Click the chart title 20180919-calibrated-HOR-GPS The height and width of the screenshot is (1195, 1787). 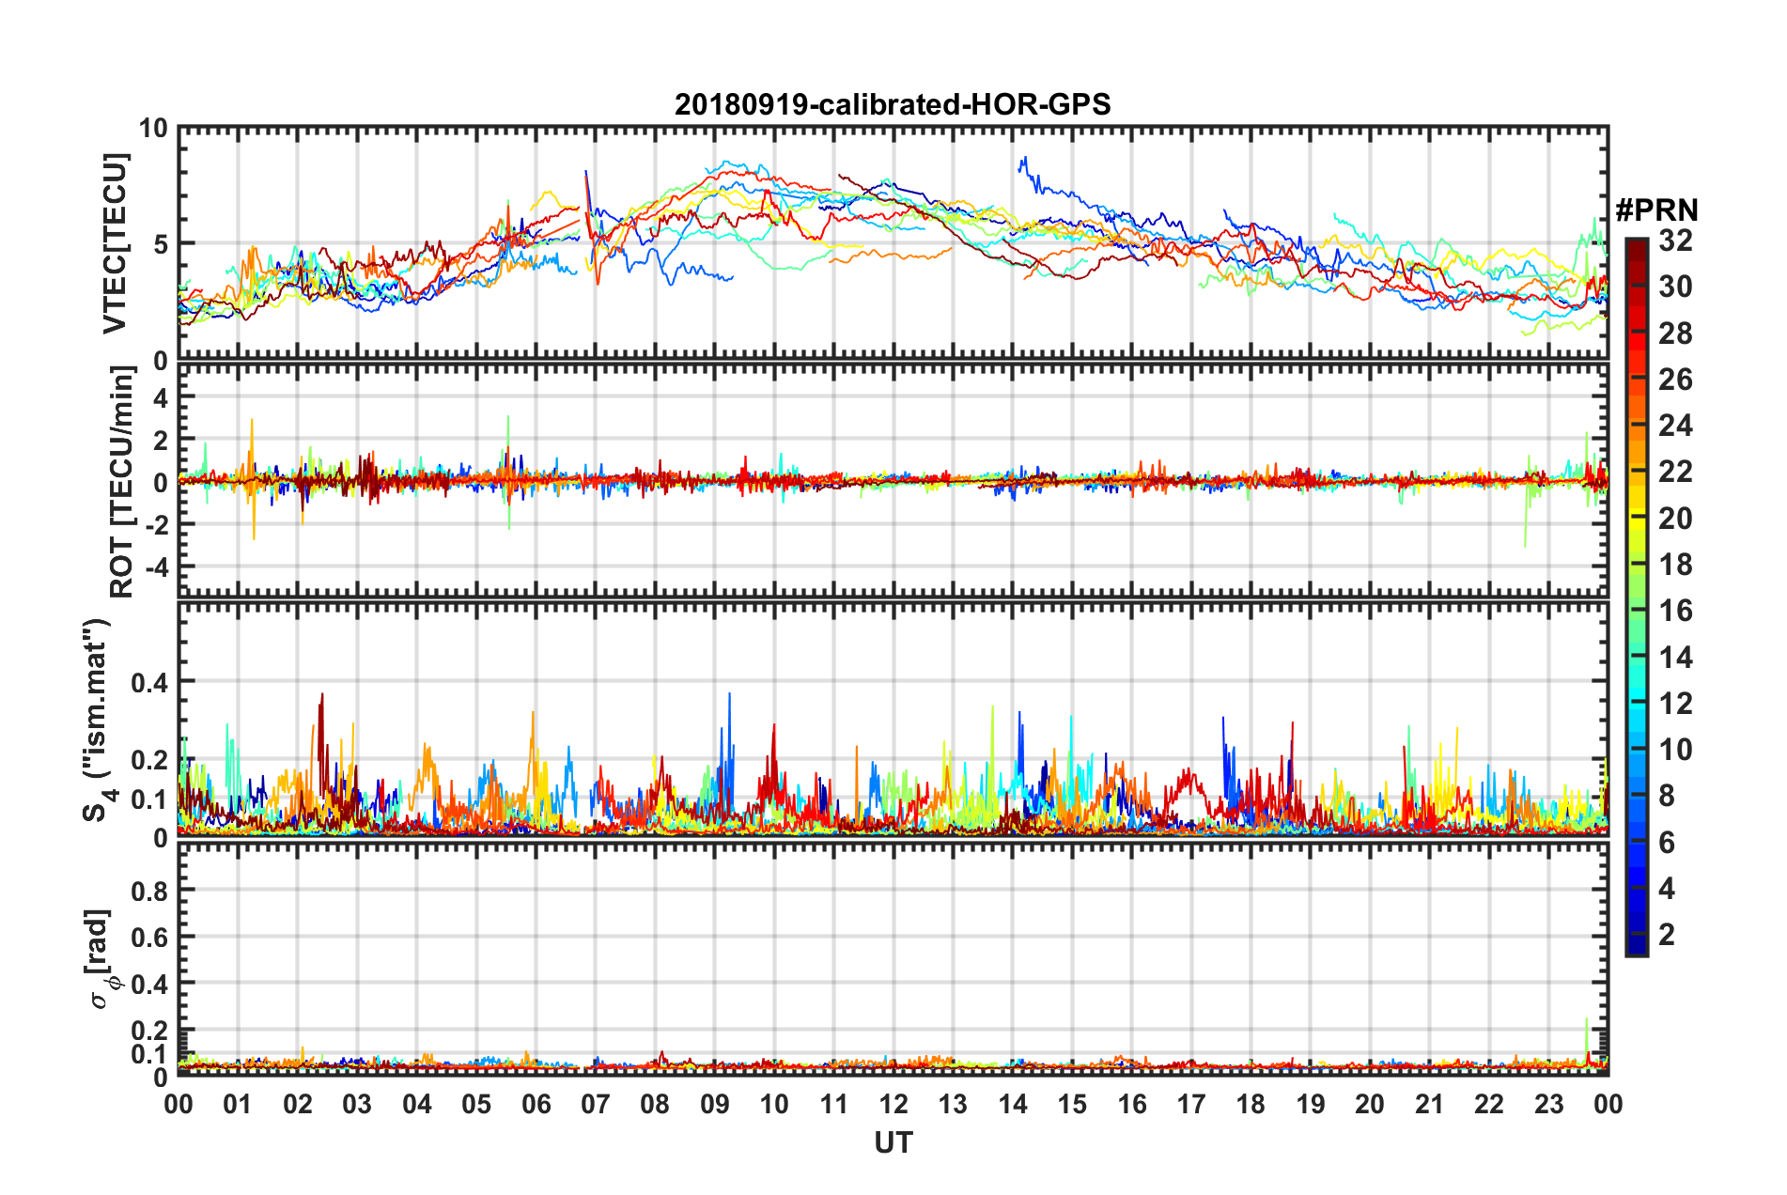(x=893, y=104)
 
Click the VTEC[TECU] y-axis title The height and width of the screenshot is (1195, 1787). (x=115, y=243)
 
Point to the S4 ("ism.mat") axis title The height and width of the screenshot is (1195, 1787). (x=98, y=720)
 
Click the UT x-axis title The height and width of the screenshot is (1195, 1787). (x=893, y=1142)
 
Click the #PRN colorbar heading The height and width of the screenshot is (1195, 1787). (x=1656, y=210)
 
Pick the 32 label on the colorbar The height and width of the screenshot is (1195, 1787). (x=1675, y=241)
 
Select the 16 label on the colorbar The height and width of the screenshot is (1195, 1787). (x=1675, y=611)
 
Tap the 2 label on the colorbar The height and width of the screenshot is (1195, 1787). (x=1667, y=934)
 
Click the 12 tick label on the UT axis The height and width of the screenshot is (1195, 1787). (x=893, y=1104)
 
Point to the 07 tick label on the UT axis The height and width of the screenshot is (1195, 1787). (x=596, y=1104)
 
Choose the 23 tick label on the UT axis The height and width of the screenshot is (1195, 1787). (x=1548, y=1104)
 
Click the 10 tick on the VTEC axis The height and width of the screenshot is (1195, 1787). (x=153, y=129)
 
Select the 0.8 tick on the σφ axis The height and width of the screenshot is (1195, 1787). (x=149, y=890)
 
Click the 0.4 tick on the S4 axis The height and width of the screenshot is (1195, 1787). (x=149, y=681)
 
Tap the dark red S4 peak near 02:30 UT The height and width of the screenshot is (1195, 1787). (x=322, y=696)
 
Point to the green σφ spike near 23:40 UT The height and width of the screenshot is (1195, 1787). (x=1587, y=1020)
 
